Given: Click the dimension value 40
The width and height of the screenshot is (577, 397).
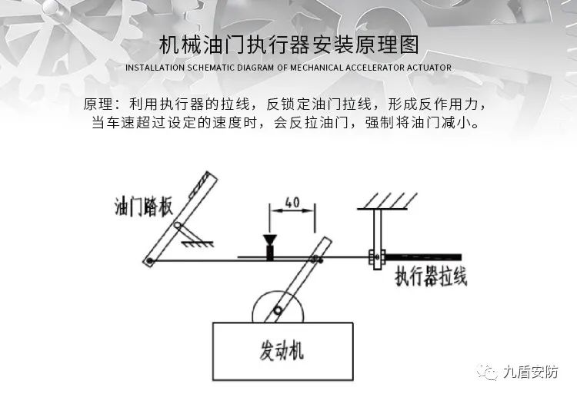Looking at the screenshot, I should point(292,203).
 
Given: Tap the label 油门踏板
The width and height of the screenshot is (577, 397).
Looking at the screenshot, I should point(144,207).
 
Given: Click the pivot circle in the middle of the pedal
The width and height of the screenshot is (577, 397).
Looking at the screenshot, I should point(176,227).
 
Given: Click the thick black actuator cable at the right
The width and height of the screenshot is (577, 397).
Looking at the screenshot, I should point(423,257).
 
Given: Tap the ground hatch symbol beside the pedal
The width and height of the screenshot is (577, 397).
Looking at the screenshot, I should point(198,241).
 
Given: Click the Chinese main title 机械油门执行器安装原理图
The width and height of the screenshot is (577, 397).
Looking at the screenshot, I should point(288,45).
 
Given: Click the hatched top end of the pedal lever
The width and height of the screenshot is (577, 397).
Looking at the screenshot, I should point(205,183).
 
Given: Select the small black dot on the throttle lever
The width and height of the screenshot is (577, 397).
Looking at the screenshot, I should point(322,259).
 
